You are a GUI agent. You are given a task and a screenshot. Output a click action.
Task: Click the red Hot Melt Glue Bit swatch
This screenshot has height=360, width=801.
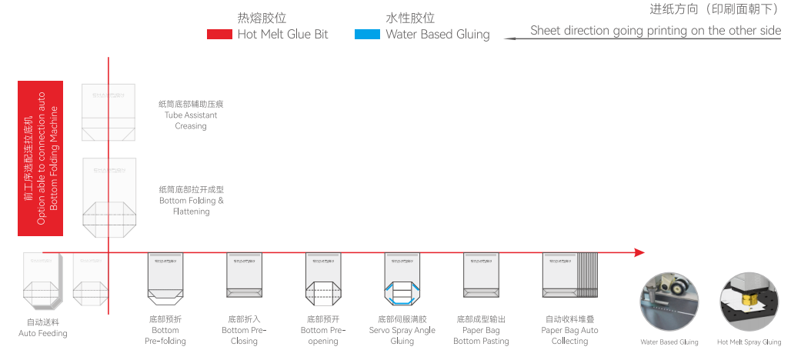[219, 35]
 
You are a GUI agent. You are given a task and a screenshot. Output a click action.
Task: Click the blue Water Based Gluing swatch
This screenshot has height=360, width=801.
[367, 35]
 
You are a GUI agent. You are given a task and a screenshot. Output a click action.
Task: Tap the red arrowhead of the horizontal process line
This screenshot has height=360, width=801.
[639, 252]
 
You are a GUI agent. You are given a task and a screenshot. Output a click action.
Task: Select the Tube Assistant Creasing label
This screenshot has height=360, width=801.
[191, 115]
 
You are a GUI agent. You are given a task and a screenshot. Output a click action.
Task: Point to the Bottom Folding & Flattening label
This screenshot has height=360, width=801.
[191, 200]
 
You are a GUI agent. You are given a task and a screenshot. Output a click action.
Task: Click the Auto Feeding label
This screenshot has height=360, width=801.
[43, 328]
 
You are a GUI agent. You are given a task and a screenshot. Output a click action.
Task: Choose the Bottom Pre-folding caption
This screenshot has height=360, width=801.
[165, 330]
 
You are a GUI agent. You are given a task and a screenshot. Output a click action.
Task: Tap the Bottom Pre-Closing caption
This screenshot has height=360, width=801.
[244, 330]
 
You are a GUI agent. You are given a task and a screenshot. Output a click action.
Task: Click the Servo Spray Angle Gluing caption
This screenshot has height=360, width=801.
[402, 330]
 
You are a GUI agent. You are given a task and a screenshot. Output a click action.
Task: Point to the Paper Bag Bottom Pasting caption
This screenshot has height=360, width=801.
[481, 330]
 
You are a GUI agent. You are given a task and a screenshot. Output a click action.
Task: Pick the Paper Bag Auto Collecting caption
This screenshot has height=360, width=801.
[569, 330]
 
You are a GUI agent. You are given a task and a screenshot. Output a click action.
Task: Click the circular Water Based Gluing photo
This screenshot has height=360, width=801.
[669, 302]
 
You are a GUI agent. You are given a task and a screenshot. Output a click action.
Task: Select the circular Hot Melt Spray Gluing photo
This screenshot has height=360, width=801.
[749, 302]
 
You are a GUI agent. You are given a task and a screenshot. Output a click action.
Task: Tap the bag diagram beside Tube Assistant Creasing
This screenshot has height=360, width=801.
[108, 113]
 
